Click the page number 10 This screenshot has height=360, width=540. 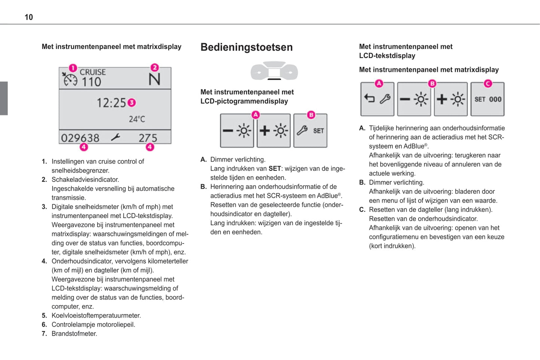tap(29, 17)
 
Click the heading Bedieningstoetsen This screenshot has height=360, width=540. tap(246, 47)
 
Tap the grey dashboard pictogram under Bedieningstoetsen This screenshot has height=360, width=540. tap(274, 71)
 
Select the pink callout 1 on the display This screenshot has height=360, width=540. tap(73, 68)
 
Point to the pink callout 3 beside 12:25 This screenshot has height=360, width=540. tap(132, 102)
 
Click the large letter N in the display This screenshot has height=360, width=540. tap(154, 80)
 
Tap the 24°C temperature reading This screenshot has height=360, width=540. tap(137, 119)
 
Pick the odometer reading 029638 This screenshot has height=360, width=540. tap(80, 138)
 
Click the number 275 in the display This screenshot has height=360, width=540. tap(148, 138)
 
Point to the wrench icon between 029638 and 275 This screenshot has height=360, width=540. tap(115, 137)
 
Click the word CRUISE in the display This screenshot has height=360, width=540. tap(93, 72)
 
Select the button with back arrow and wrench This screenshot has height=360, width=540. tap(377, 99)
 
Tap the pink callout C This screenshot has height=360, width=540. tap(488, 84)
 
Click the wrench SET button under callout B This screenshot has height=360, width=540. tap(310, 131)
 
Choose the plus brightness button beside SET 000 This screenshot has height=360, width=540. tap(451, 99)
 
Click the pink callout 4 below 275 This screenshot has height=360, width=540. tap(150, 147)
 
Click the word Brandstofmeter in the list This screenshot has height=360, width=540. tap(74, 333)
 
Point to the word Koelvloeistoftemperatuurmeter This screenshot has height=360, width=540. tap(96, 316)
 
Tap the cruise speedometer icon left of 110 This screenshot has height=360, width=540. tap(70, 80)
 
